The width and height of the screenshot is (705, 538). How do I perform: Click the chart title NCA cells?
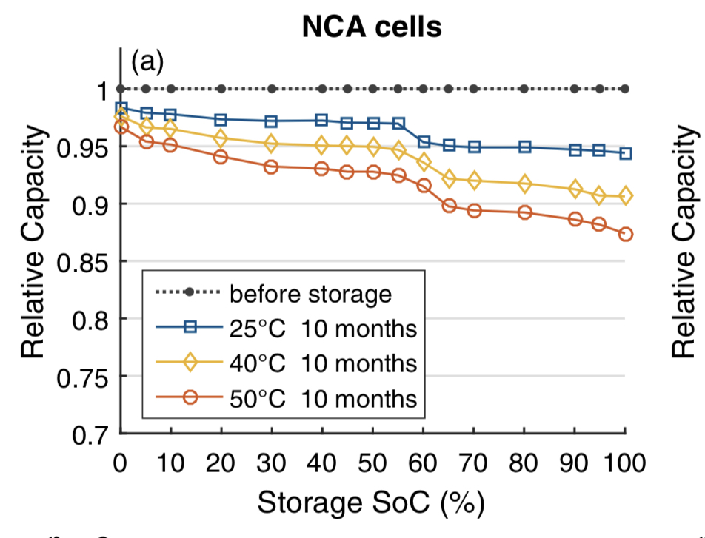click(x=372, y=27)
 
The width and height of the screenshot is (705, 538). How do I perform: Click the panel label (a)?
click(x=147, y=62)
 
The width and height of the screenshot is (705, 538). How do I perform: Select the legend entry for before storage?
click(x=310, y=293)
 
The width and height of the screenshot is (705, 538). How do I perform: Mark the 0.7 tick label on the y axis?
click(x=91, y=435)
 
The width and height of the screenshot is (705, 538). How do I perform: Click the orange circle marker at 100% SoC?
click(x=626, y=234)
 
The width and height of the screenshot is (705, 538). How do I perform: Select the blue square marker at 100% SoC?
click(x=626, y=153)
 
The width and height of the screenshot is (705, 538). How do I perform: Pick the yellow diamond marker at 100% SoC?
click(x=626, y=196)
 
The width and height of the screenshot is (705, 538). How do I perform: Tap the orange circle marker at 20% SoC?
click(x=221, y=157)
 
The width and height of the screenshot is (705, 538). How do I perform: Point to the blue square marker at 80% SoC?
click(x=524, y=147)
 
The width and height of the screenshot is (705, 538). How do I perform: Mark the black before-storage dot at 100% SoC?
click(x=626, y=89)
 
